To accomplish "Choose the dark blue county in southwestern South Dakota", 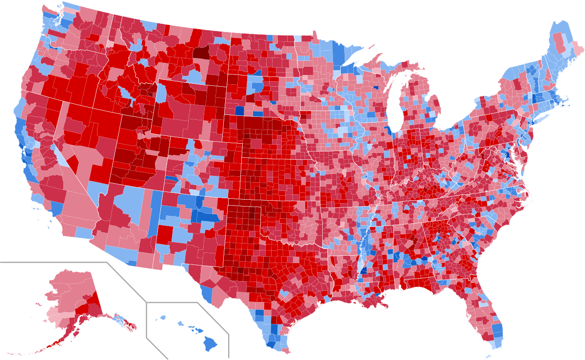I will click(240, 111).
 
